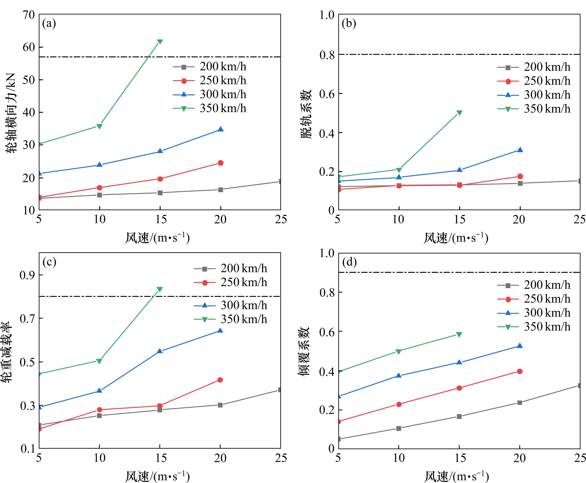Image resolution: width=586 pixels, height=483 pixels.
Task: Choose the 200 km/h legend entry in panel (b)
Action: coord(534,67)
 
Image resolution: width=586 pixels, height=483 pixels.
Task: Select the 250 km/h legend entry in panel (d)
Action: coord(534,299)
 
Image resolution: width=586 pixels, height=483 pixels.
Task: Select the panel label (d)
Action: coord(349,262)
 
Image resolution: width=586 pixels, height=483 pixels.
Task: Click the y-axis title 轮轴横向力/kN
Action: coord(11,113)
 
